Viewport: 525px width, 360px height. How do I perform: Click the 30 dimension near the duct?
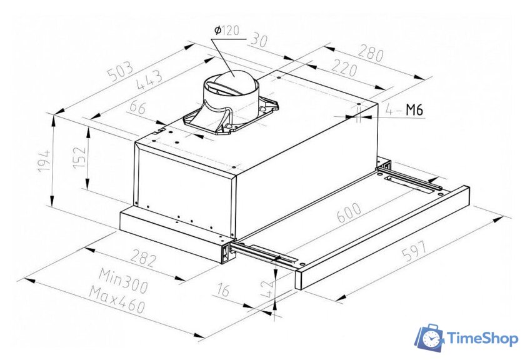[259, 41]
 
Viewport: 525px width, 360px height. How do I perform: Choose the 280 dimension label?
[371, 54]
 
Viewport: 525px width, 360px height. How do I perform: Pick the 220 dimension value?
[344, 67]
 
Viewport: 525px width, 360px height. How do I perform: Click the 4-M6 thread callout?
[404, 111]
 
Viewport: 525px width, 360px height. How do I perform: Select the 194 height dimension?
[44, 161]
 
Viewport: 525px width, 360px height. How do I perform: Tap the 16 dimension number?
[222, 289]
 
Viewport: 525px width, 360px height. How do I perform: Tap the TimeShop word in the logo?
[482, 339]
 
